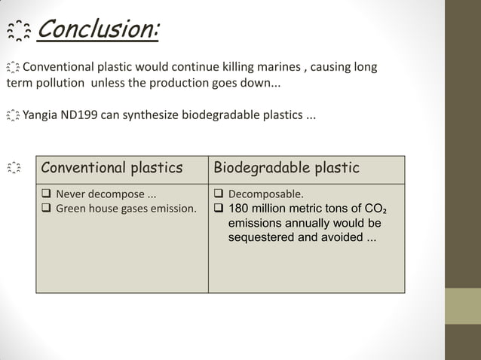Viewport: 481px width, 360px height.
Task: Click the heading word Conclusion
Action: (98, 31)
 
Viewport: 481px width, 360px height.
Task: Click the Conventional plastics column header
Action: (112, 167)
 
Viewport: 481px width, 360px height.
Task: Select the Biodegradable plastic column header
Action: (286, 167)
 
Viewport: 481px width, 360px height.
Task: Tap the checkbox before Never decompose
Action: (47, 194)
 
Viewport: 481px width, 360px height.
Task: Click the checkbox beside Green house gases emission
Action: (47, 209)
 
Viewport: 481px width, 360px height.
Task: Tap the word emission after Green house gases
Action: (173, 209)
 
